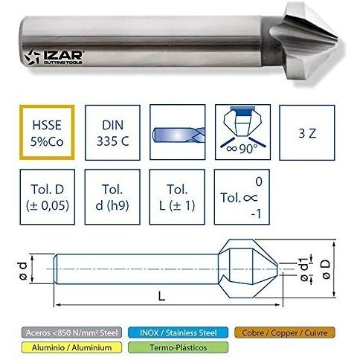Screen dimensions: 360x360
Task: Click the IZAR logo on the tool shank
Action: [x=54, y=57]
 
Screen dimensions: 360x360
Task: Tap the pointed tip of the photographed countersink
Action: [x=338, y=39]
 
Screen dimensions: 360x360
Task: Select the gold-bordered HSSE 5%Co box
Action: [x=47, y=132]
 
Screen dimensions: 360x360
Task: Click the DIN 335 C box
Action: [x=112, y=132]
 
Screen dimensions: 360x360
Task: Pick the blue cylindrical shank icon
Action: [x=179, y=135]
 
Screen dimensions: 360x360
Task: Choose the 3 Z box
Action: [x=307, y=132]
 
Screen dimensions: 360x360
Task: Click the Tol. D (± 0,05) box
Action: [x=48, y=197]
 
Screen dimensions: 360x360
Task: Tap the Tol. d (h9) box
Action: [x=112, y=197]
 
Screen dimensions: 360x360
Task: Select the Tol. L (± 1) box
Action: [x=177, y=197]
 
